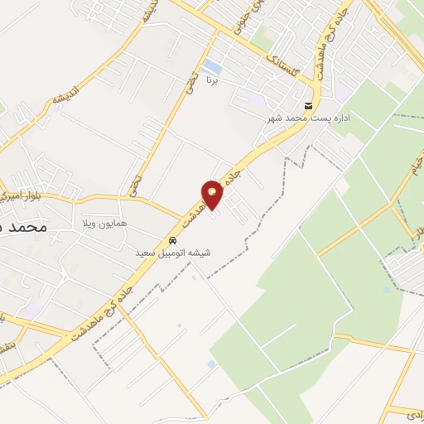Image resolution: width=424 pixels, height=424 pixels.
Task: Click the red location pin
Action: (213, 194)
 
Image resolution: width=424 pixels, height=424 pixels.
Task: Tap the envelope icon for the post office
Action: (308, 107)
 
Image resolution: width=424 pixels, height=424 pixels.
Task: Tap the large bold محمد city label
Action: (22, 225)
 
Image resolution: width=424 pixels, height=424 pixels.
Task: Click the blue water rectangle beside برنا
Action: (212, 65)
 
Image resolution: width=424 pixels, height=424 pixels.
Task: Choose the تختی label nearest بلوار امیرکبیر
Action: (134, 182)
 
